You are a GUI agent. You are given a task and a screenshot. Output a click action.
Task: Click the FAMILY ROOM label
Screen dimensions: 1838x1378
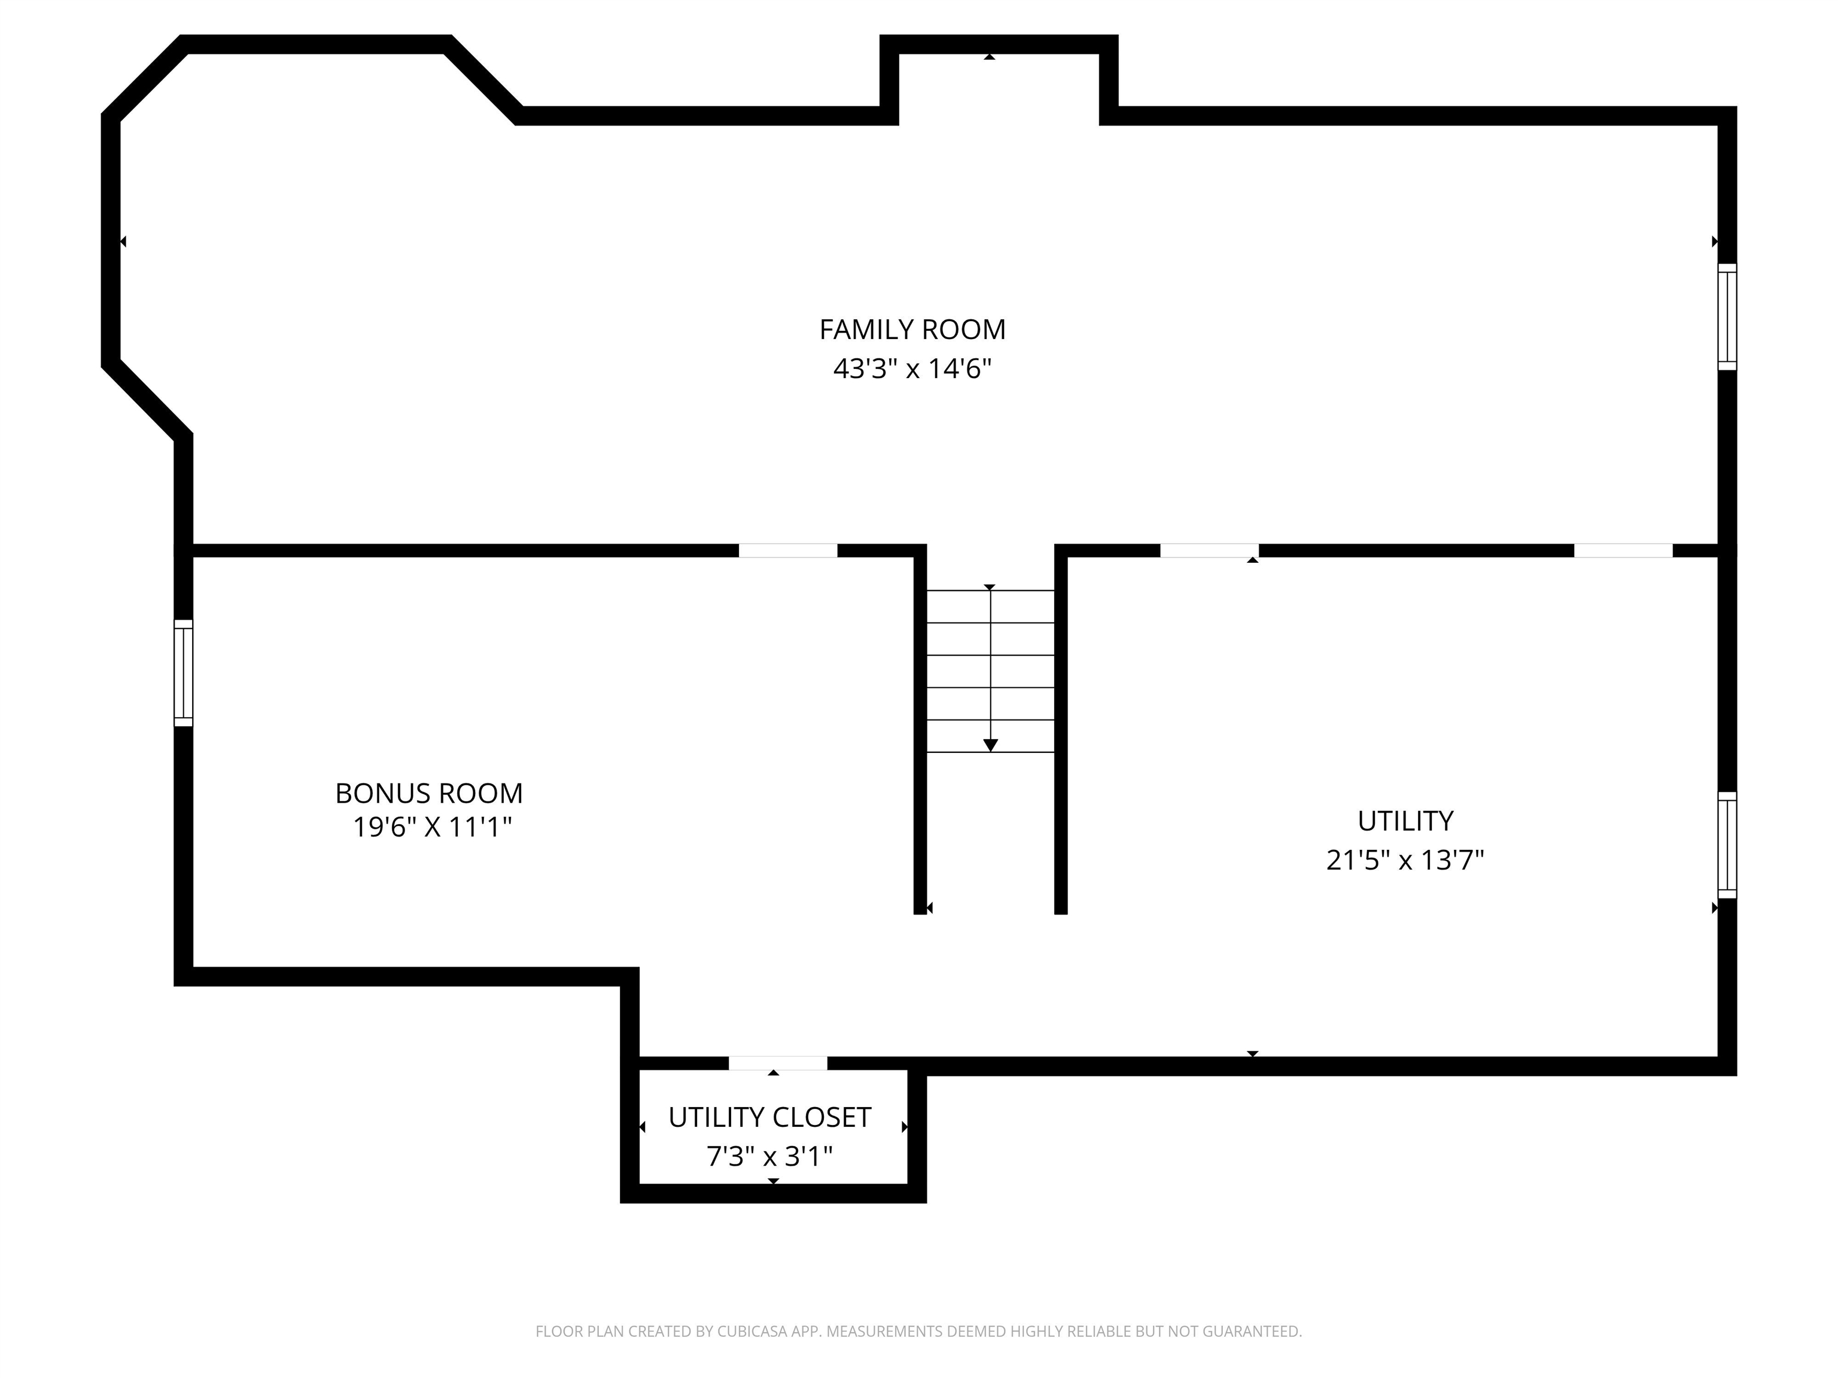912,330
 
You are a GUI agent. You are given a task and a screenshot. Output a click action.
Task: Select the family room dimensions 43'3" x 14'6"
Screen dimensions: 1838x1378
912,368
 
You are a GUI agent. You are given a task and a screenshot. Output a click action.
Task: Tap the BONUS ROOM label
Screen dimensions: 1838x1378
429,793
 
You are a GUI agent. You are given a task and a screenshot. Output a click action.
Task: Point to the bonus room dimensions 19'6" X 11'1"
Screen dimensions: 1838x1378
432,827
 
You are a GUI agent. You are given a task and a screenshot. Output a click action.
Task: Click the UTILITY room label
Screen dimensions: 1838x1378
1405,821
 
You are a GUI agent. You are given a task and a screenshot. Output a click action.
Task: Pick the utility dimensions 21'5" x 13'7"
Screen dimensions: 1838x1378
1405,859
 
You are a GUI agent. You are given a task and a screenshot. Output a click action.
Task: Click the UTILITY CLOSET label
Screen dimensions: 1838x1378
769,1117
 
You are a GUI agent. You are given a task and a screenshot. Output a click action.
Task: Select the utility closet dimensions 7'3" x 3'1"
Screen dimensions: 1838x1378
769,1156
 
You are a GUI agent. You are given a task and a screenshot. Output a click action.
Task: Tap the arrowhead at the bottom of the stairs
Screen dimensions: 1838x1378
990,745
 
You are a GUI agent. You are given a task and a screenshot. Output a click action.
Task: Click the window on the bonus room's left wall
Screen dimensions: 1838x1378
183,673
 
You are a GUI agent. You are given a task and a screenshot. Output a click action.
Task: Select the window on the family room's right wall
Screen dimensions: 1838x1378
1727,316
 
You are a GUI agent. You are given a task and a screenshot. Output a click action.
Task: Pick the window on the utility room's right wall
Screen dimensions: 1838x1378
1727,845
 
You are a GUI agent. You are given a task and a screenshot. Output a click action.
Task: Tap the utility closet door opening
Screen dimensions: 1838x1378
778,1063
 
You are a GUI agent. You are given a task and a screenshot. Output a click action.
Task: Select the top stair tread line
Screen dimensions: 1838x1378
990,590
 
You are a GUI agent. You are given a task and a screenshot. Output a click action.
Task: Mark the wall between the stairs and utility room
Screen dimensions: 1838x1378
1061,729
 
